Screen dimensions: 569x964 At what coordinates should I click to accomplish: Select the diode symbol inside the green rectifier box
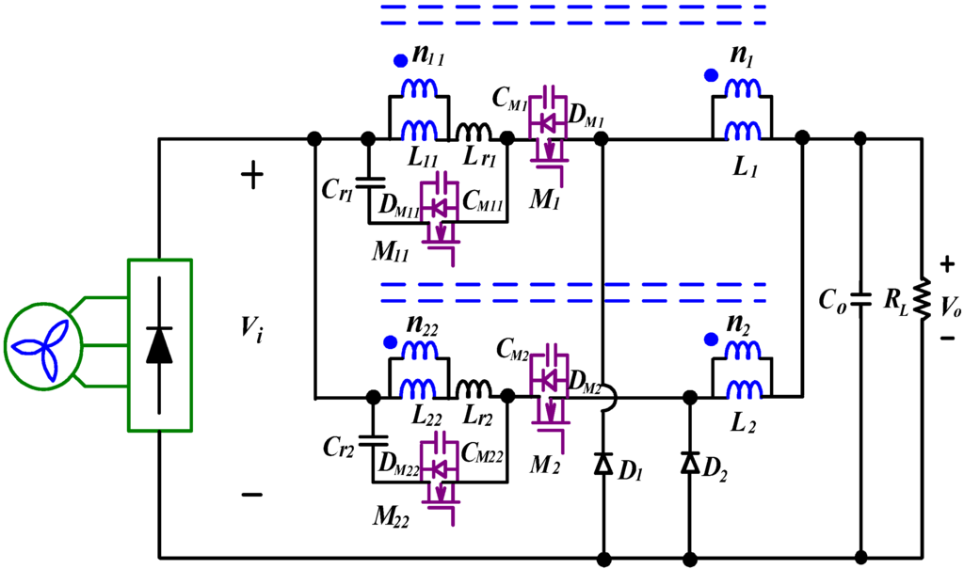tap(159, 345)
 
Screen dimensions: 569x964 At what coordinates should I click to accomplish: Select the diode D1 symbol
tap(602, 462)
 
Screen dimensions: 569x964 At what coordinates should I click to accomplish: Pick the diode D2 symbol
tap(690, 462)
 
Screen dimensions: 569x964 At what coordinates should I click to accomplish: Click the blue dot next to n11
tap(402, 62)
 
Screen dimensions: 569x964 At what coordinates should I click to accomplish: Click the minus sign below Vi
tap(253, 495)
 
